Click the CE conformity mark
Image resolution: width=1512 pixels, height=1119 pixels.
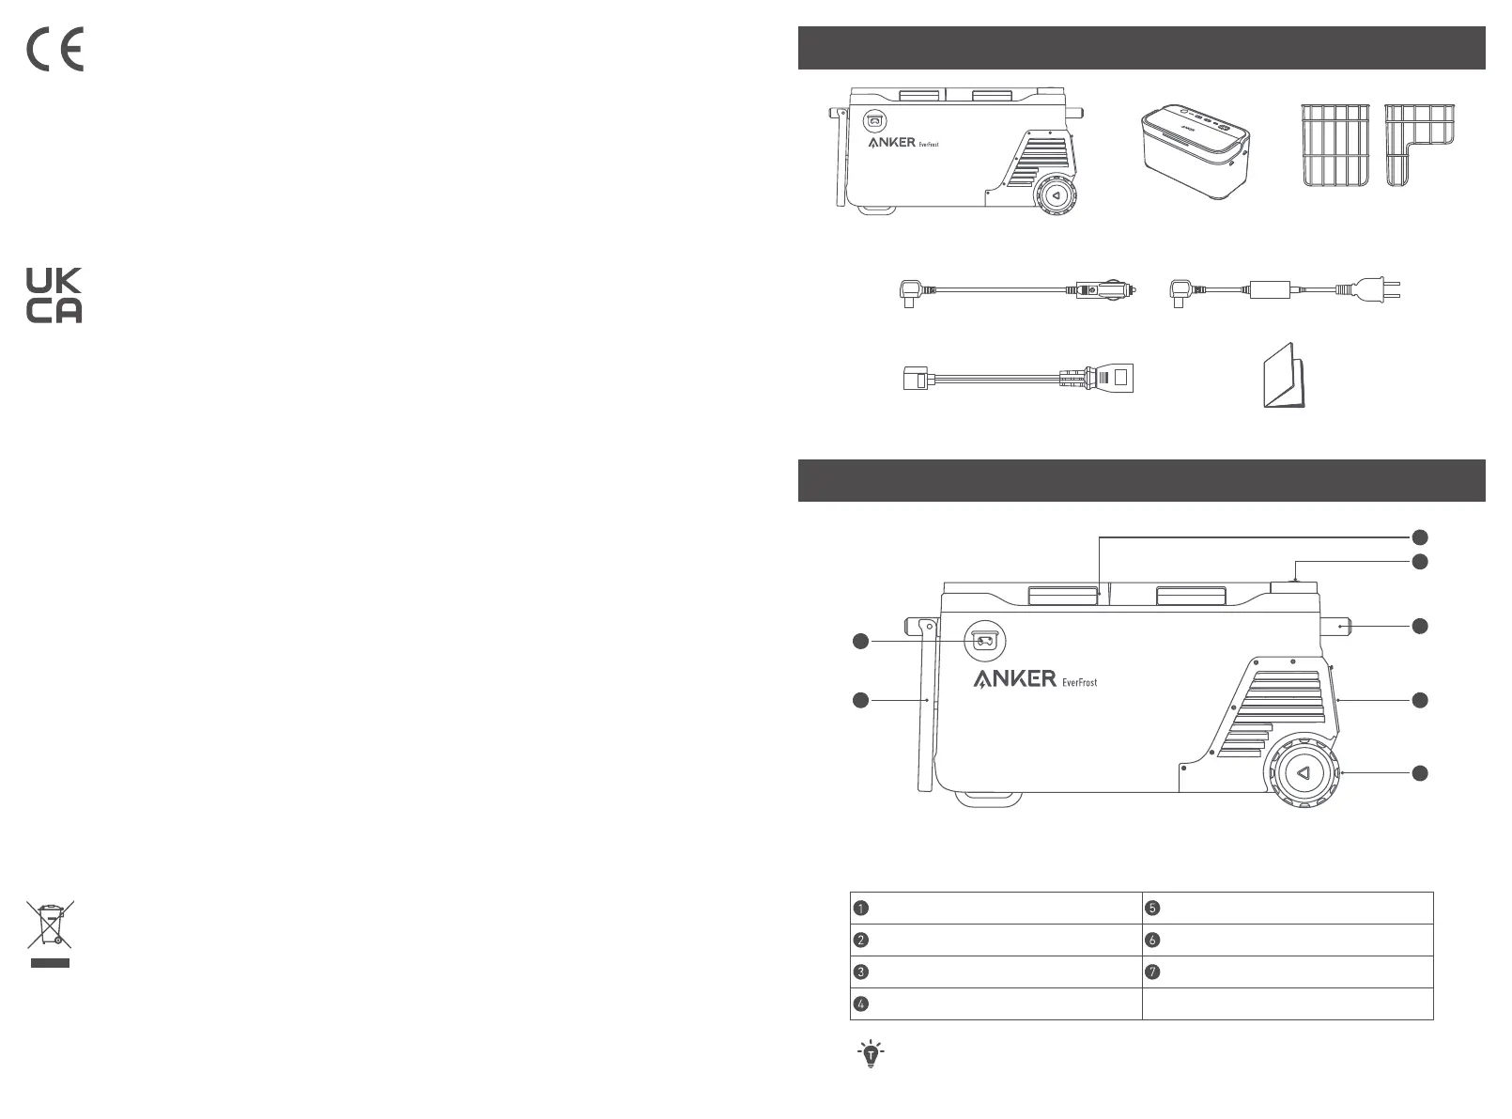coord(54,49)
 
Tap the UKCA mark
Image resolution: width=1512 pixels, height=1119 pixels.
coord(54,295)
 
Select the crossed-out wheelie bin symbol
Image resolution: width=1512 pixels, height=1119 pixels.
coord(50,933)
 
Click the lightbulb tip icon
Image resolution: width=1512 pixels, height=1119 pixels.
coord(871,1053)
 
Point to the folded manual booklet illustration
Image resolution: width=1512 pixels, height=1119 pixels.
coord(1285,376)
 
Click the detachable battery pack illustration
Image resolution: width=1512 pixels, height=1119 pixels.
coord(1196,151)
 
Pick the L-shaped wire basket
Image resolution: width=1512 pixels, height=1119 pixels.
coord(1419,145)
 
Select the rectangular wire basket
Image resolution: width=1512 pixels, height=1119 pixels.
coord(1335,145)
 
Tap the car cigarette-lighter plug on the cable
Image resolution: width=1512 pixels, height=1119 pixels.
coord(1105,290)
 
